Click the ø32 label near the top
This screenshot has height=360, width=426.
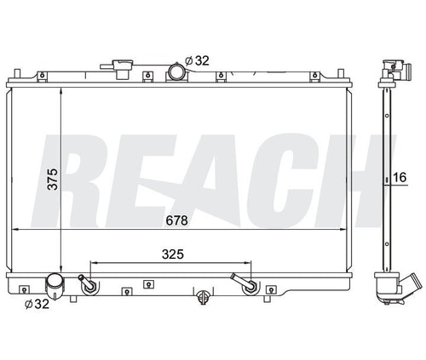click(x=199, y=60)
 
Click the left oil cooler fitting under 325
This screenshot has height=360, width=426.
click(x=87, y=283)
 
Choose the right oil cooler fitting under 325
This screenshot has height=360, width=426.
click(x=246, y=283)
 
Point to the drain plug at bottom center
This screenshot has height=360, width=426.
click(x=203, y=297)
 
